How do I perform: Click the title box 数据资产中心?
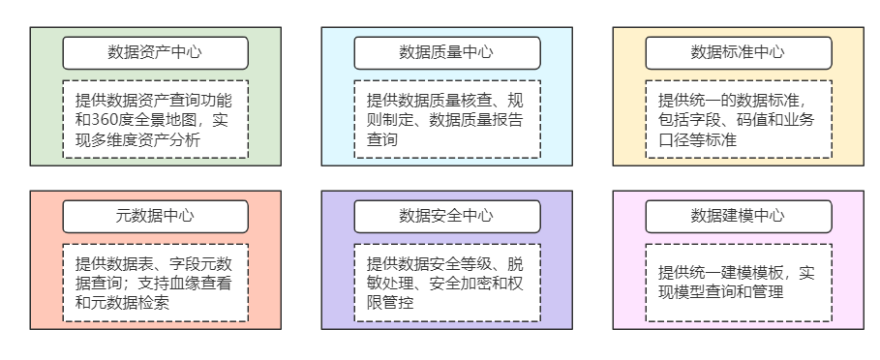click(x=155, y=52)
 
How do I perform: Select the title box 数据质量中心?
click(x=446, y=52)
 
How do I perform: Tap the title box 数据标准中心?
click(x=738, y=52)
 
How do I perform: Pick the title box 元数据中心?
click(x=155, y=216)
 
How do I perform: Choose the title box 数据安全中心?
click(x=446, y=216)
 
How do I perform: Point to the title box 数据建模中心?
click(x=738, y=216)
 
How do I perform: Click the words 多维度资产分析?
click(x=144, y=141)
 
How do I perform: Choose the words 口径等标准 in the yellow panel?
click(x=697, y=141)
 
